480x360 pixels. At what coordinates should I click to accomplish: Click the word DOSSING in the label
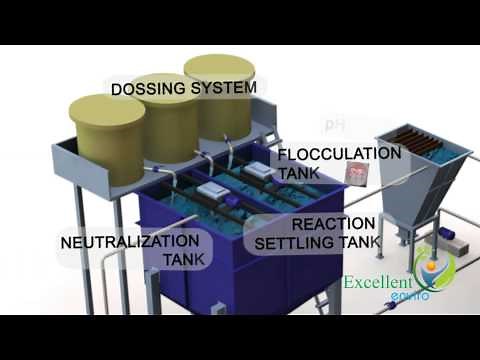tap(146, 89)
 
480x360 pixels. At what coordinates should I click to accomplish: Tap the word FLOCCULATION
tap(339, 154)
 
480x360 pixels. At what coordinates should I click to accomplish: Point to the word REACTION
tap(334, 223)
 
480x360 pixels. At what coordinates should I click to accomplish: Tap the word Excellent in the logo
tap(378, 282)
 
